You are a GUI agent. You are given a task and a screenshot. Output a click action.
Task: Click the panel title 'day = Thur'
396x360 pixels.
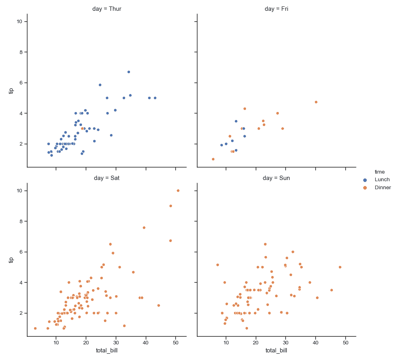106,9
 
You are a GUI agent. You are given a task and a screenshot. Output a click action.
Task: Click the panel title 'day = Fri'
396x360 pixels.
276,9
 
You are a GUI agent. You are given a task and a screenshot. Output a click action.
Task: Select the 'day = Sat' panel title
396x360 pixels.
106,178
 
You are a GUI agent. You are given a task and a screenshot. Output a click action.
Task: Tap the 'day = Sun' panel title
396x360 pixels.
276,178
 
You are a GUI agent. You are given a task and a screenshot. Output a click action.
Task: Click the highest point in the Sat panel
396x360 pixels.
178,190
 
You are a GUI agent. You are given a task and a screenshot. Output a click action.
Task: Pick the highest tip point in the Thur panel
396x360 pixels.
129,72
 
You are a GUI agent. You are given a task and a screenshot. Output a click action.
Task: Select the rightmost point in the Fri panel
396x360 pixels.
316,102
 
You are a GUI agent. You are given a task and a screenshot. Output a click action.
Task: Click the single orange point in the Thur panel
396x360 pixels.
82,128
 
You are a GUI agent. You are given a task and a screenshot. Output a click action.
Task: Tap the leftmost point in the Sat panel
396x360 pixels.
35,328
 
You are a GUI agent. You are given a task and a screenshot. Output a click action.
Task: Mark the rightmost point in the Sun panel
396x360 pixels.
340,267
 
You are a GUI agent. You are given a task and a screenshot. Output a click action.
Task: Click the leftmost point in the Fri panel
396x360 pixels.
213,159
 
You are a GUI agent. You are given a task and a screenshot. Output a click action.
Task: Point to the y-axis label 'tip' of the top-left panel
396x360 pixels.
12,91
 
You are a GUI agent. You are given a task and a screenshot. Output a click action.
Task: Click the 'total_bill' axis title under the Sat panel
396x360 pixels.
106,351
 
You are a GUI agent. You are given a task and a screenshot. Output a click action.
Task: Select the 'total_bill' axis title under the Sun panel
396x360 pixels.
276,351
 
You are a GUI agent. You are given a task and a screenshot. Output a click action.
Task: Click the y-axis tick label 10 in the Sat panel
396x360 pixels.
19,191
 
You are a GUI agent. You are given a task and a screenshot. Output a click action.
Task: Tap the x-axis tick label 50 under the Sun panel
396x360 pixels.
346,343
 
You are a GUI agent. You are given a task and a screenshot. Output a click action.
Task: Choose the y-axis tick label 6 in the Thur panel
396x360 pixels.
20,83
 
